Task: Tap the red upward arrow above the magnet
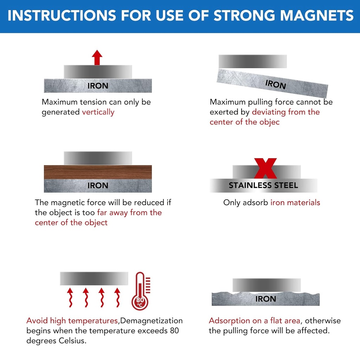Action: click(x=97, y=58)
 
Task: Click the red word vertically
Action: click(x=98, y=112)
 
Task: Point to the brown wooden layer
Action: click(x=98, y=172)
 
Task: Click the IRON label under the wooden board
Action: click(x=98, y=186)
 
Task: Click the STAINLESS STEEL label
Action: click(x=263, y=185)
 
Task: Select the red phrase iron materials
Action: click(x=295, y=202)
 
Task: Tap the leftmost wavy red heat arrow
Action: click(x=70, y=297)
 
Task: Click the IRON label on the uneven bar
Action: click(x=265, y=299)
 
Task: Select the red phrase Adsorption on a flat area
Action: click(x=255, y=321)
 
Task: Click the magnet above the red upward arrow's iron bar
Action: click(x=98, y=72)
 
